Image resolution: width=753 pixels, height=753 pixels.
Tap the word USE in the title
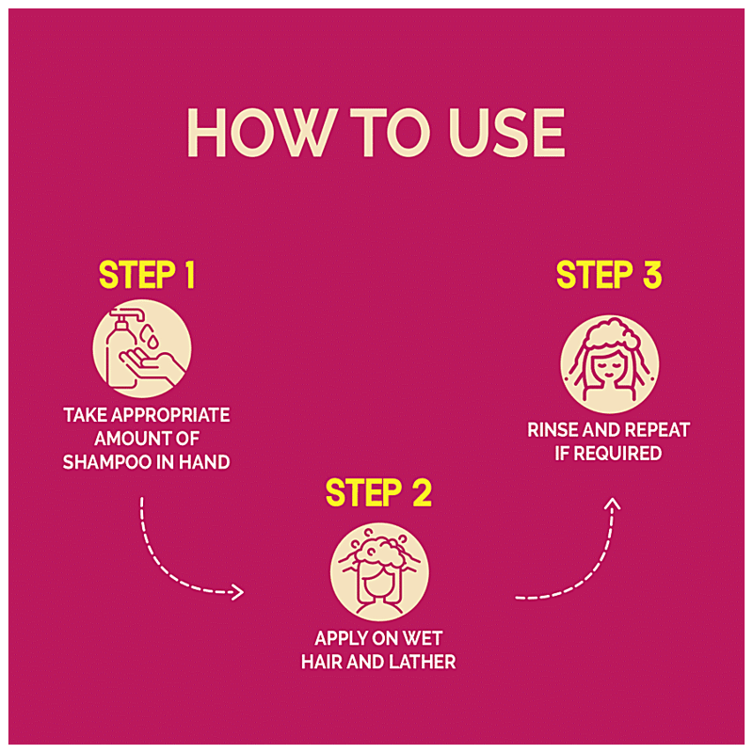click(x=507, y=133)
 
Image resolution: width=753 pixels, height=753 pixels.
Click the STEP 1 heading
click(x=147, y=275)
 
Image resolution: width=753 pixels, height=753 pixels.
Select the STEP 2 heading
click(x=378, y=492)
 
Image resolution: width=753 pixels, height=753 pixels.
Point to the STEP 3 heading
click(x=609, y=275)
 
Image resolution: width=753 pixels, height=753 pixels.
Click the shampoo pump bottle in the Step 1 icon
click(x=122, y=348)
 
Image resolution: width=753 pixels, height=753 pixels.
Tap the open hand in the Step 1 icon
click(x=152, y=366)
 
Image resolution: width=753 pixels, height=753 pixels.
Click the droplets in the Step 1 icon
click(x=150, y=336)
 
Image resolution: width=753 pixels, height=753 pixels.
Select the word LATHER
click(x=422, y=662)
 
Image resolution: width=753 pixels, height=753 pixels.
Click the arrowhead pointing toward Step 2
click(x=239, y=592)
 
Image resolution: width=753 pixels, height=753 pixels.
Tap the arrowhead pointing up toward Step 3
click(x=613, y=504)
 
